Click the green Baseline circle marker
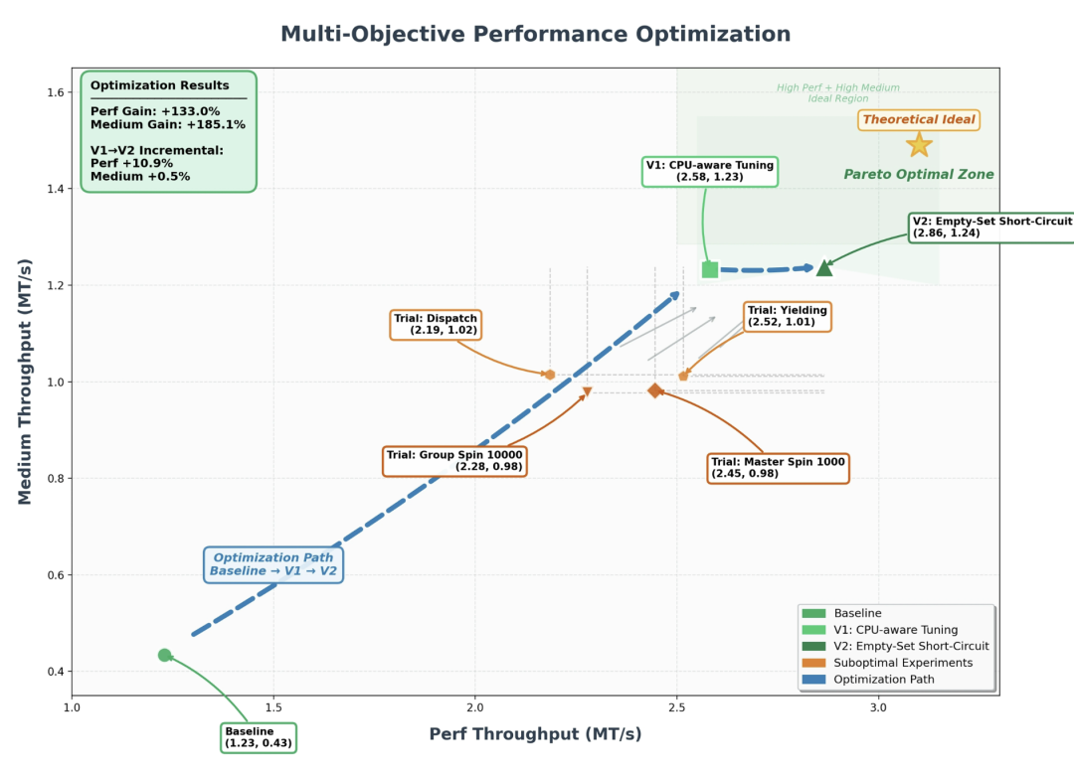pos(164,655)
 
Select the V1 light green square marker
pos(710,269)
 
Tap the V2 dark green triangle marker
pos(824,267)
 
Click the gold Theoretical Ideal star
pos(919,145)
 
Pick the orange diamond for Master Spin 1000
pos(655,390)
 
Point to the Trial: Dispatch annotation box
pos(436,325)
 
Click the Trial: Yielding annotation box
pos(787,316)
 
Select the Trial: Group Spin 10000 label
pos(454,461)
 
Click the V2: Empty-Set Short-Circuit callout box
pos(991,227)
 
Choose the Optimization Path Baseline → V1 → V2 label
pos(273,564)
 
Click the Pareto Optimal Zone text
pos(919,175)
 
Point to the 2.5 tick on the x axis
pos(677,707)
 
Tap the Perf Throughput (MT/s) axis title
pos(535,734)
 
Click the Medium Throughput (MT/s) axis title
pos(26,383)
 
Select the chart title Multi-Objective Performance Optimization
pos(536,34)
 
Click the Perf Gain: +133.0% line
pos(155,111)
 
